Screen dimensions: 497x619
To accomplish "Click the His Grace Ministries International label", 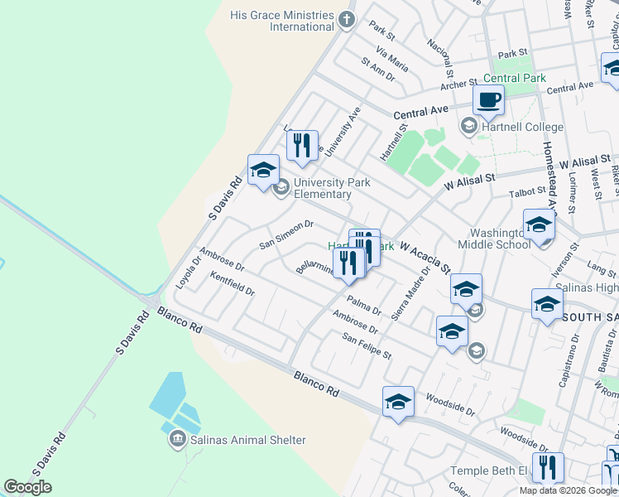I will coord(281,21).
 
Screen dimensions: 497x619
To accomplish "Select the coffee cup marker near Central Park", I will coord(488,101).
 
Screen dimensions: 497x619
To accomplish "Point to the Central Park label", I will coord(515,79).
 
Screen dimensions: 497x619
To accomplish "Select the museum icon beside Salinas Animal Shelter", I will coord(177,438).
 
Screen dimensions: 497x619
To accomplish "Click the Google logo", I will coord(28,487).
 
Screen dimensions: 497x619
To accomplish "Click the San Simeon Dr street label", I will coord(286,234).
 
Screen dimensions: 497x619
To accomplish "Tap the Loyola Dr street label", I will coord(188,271).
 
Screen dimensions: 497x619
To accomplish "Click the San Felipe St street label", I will coord(367,345).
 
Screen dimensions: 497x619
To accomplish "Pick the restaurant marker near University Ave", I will coord(302,145).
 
